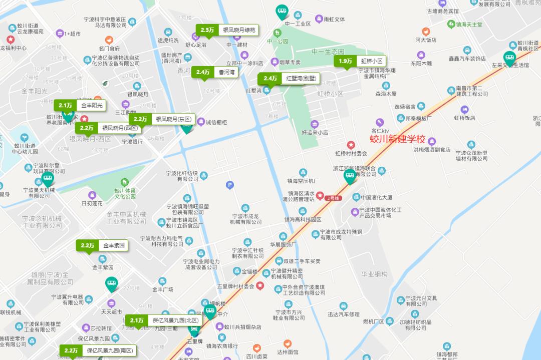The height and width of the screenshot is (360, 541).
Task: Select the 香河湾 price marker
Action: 215,72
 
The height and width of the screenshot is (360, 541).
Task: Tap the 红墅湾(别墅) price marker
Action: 289,79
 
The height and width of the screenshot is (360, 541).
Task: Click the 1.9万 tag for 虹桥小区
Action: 360,61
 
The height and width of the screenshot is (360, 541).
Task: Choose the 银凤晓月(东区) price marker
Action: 162,119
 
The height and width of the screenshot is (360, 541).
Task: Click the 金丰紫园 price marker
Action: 102,245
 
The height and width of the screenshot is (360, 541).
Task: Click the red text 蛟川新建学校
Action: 397,139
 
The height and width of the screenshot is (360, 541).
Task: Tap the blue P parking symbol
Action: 230,185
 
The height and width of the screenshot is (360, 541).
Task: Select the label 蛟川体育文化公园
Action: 125,193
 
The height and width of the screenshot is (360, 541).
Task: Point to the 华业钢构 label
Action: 375,274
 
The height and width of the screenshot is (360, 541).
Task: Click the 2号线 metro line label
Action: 333,198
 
